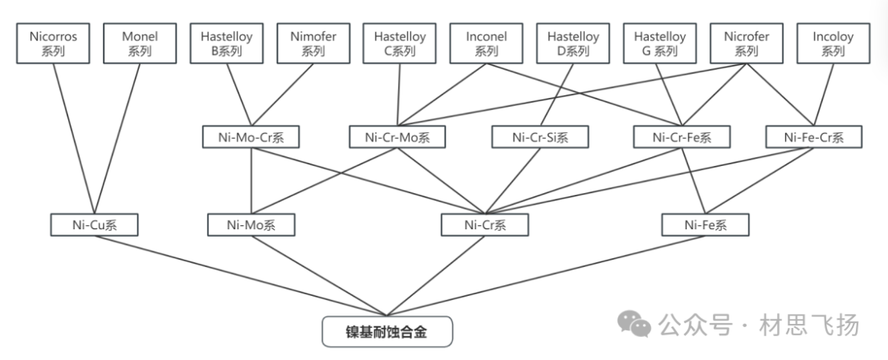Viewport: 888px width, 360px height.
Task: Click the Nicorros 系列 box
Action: click(x=53, y=44)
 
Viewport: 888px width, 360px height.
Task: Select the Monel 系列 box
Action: click(x=140, y=44)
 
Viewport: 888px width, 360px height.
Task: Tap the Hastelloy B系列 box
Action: click(x=226, y=44)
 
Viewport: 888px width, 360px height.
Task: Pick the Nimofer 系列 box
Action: click(x=313, y=44)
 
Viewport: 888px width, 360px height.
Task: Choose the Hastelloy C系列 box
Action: click(x=400, y=44)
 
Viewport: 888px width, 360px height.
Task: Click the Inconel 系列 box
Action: click(x=487, y=44)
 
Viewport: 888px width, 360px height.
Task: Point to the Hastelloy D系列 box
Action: click(x=573, y=44)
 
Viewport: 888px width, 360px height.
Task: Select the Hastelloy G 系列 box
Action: click(x=660, y=44)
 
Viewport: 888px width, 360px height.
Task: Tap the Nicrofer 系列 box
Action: click(x=747, y=44)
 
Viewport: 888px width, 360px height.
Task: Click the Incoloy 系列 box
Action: click(x=833, y=44)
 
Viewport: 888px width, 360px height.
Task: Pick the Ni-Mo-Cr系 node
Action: click(x=251, y=136)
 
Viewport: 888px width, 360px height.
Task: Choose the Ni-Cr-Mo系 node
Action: click(x=397, y=136)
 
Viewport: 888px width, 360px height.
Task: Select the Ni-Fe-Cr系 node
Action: click(x=814, y=136)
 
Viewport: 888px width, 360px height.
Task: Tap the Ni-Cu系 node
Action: click(x=93, y=224)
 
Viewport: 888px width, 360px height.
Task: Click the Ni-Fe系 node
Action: click(x=705, y=224)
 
